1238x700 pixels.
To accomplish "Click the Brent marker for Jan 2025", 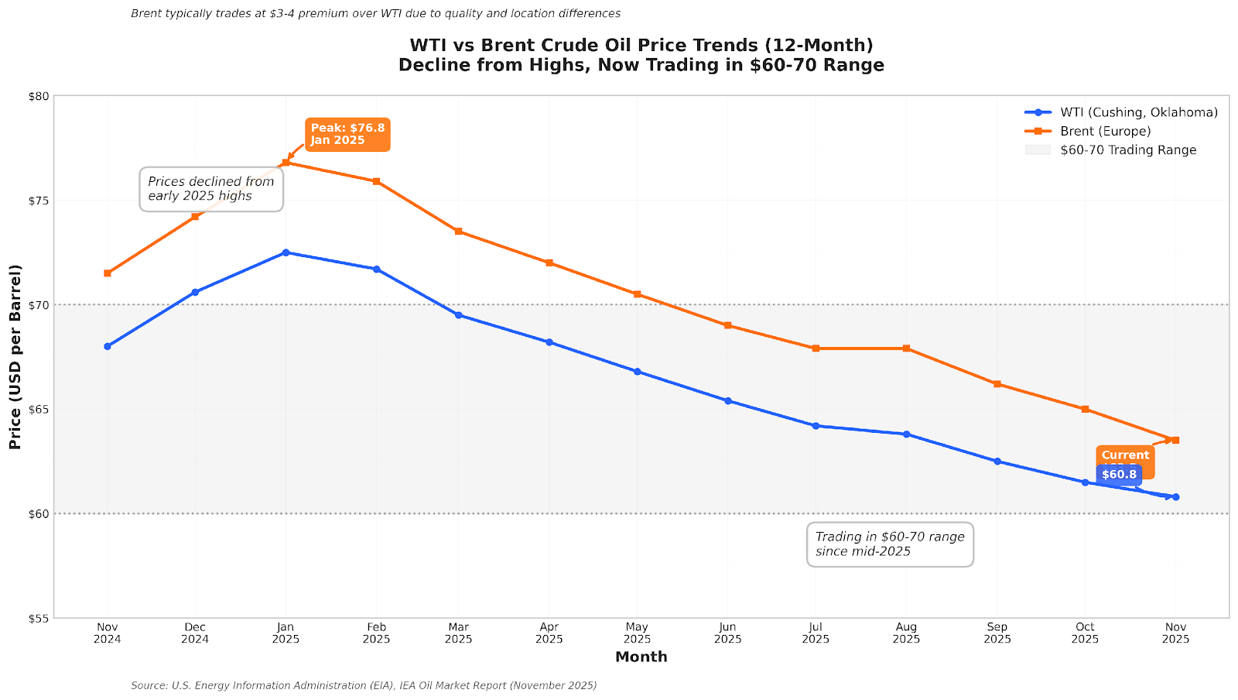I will point(286,163).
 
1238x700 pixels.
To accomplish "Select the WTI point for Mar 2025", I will point(458,315).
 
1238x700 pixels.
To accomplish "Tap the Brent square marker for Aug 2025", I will point(906,348).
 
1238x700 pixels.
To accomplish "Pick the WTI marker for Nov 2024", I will point(108,346).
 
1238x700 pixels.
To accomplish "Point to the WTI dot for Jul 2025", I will point(816,426).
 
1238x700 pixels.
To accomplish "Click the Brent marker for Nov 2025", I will point(1175,440).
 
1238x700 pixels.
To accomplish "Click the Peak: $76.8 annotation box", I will point(347,134).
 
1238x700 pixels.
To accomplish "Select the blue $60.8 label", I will point(1119,475).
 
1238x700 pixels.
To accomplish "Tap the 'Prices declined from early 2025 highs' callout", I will point(211,189).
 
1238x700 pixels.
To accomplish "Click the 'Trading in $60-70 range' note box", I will point(890,544).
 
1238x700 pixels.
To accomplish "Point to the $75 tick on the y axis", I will point(39,201).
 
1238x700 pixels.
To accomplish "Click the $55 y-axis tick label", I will point(39,618).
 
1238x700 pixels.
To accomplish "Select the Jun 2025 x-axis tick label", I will point(727,633).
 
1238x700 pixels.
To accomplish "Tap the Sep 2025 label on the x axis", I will point(997,633).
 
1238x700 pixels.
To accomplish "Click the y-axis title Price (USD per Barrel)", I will point(15,356).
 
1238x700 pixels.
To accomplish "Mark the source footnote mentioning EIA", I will point(364,685).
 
